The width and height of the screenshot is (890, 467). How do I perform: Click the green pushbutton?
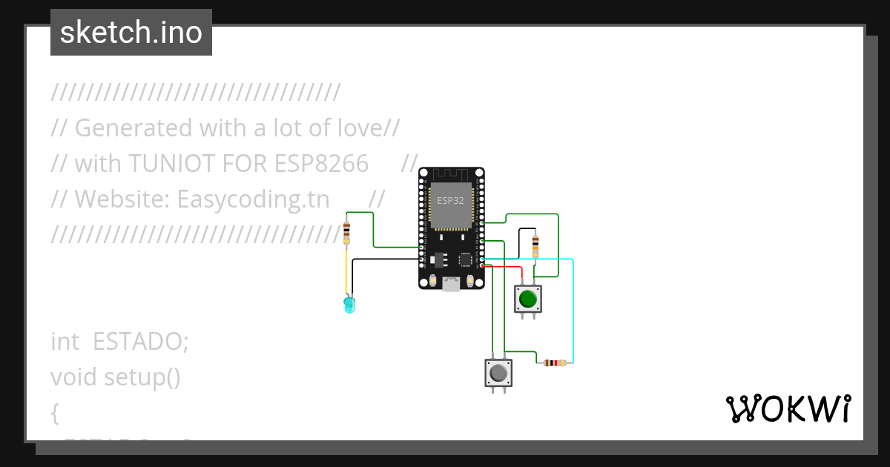point(528,299)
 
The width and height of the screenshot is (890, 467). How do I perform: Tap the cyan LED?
point(349,304)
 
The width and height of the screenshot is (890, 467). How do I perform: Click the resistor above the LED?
point(347,232)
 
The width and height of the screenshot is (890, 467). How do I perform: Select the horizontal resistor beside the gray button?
point(554,362)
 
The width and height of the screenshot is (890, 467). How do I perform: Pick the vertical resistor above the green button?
point(536,245)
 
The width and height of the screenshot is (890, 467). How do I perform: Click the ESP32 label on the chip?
point(450,201)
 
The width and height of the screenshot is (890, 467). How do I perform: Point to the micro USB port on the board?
point(451,284)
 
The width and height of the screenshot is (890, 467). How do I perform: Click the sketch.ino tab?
point(131,33)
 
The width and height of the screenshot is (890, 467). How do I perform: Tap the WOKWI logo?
point(788,408)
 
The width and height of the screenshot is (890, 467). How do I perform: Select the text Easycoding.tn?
point(253,199)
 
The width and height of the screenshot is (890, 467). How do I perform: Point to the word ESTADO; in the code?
point(141,342)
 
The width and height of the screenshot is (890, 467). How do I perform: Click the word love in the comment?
point(356,128)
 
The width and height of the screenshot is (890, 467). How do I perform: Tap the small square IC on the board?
point(466,259)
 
